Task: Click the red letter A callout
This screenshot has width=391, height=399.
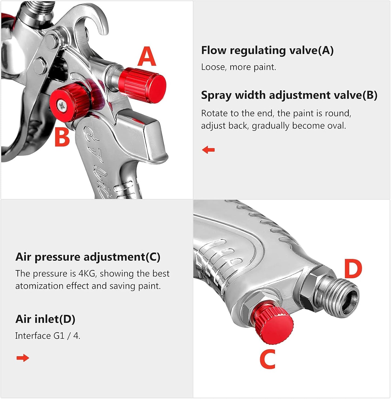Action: tap(147, 56)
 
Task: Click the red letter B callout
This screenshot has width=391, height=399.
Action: tap(62, 137)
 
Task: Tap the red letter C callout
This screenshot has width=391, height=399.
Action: tap(268, 359)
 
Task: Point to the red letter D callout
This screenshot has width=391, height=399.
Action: tap(353, 269)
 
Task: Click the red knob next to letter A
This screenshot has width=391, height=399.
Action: tap(143, 85)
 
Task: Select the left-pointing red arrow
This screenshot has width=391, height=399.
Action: tap(208, 150)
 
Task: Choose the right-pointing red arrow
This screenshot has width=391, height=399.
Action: tap(23, 358)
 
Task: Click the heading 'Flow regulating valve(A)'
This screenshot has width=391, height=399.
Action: tap(267, 50)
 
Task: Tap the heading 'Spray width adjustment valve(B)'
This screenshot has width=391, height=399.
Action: tap(289, 95)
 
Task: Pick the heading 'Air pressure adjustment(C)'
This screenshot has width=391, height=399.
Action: tap(88, 257)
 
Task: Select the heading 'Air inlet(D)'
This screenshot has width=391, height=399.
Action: tap(45, 319)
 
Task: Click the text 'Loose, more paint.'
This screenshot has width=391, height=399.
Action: tap(238, 67)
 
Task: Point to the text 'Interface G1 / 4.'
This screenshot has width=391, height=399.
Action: tap(48, 336)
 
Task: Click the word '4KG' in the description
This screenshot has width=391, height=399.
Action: tap(87, 273)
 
